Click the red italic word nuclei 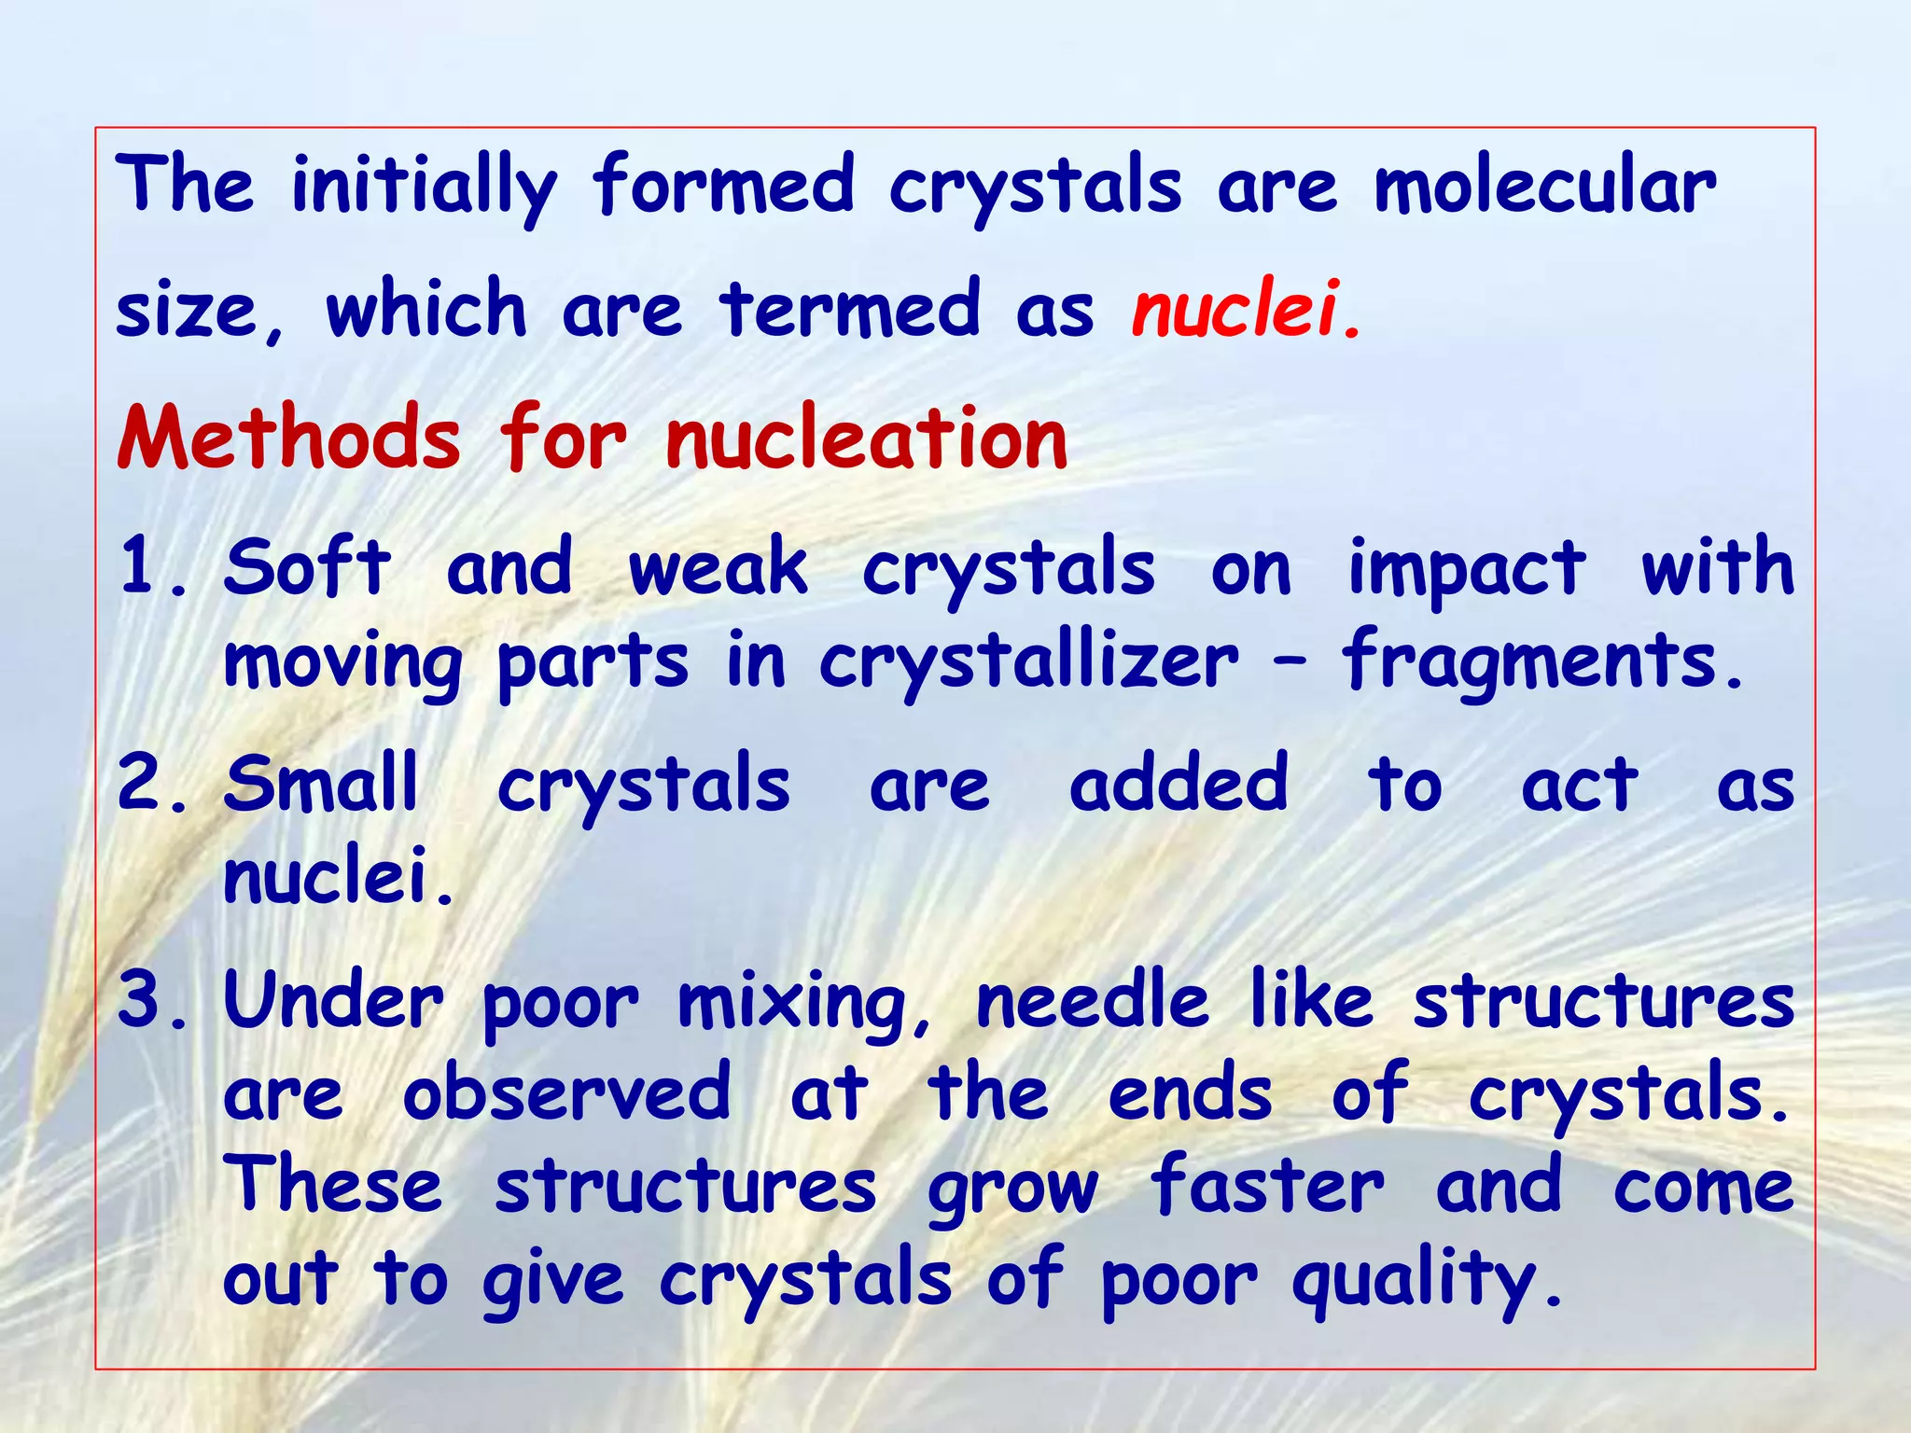[x=1236, y=310]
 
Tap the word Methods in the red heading [x=289, y=438]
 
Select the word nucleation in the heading [x=867, y=438]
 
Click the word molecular [x=1544, y=185]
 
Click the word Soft [x=307, y=567]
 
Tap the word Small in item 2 [x=321, y=784]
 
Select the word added [x=1179, y=784]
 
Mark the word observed [x=566, y=1093]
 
